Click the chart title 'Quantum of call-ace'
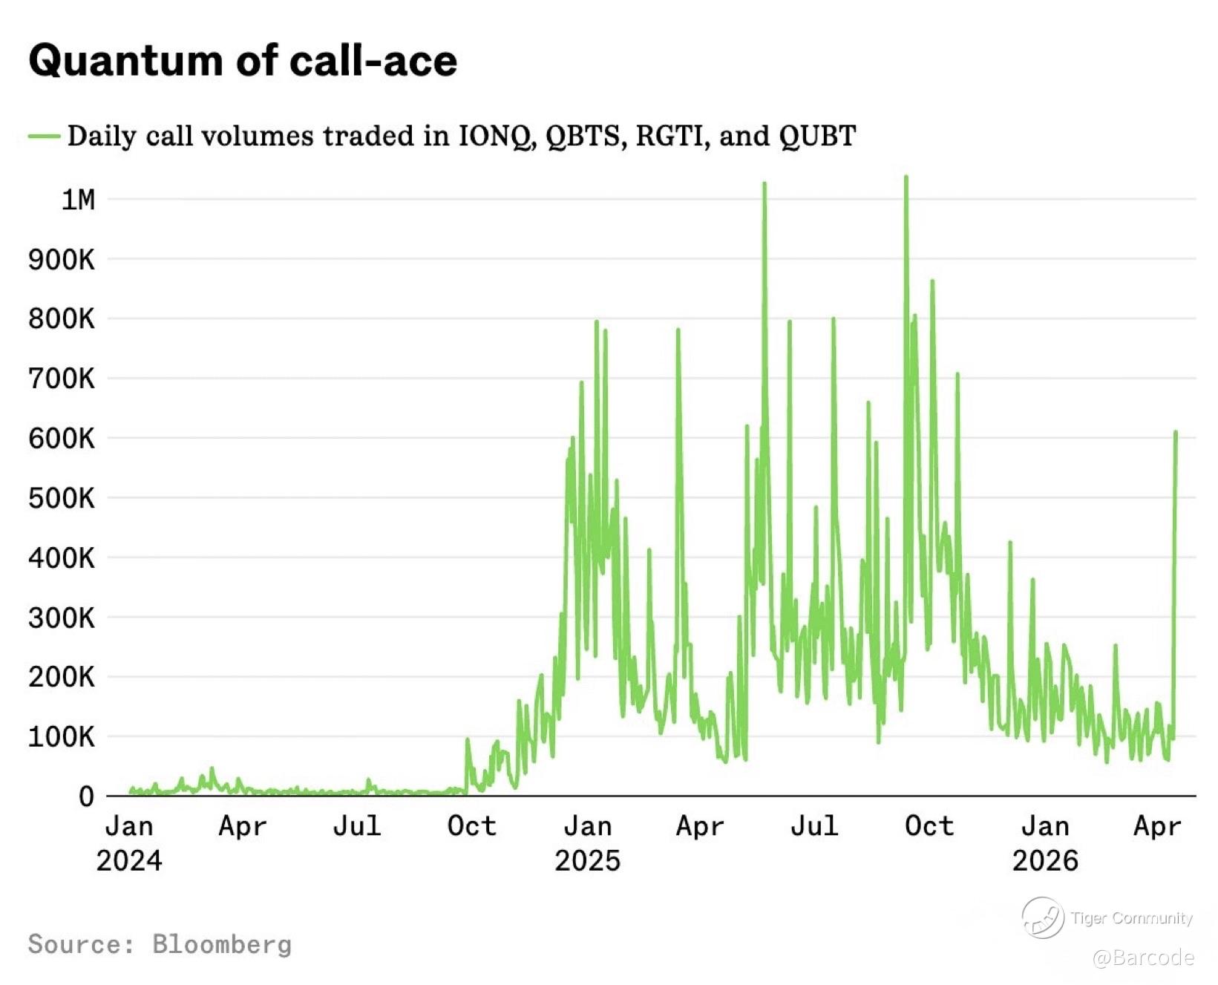coord(243,61)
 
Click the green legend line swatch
coord(44,136)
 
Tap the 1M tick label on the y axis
coord(78,200)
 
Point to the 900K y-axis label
coord(62,260)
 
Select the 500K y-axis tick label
coord(62,498)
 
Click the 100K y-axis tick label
coord(62,737)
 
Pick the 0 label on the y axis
coord(87,796)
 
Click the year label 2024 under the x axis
coord(129,860)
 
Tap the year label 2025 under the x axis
coord(587,860)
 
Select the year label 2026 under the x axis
coord(1045,860)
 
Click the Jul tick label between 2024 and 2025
coord(357,825)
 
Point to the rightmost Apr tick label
coord(1157,825)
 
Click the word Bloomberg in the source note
coord(222,944)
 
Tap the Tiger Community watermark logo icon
coord(1043,917)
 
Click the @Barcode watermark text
coord(1143,958)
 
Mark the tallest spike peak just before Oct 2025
coord(906,177)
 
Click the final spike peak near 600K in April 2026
coord(1176,432)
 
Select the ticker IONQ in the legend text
coord(496,136)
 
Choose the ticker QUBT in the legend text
coord(818,136)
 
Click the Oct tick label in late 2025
coord(929,825)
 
